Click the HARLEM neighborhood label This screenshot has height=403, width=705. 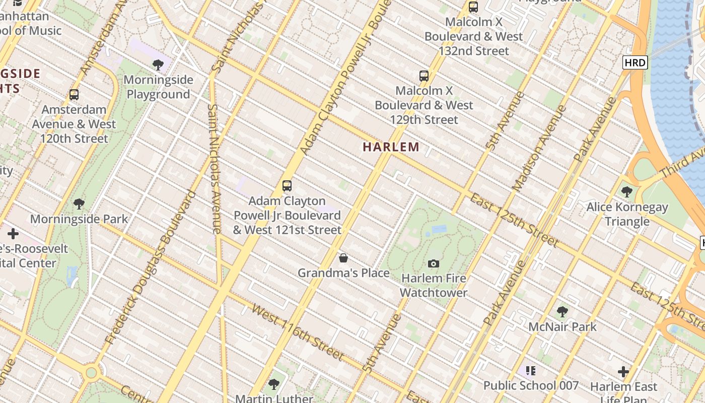coord(391,147)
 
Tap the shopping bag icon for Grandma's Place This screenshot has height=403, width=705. coord(343,258)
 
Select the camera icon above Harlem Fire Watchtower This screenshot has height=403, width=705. coord(433,263)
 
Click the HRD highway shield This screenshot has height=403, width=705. coord(634,62)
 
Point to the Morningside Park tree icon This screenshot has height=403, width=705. coord(79,204)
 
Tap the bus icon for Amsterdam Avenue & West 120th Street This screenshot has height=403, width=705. coord(74,95)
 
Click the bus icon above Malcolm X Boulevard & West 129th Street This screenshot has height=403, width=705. coord(424,76)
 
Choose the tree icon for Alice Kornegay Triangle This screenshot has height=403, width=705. coord(627,192)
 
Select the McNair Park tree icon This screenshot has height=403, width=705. coord(562,312)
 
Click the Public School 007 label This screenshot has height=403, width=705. coord(531,385)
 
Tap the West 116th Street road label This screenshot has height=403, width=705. coord(298,332)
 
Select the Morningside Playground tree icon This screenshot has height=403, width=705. coord(158,65)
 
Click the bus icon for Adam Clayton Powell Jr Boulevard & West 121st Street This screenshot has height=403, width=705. coord(287,186)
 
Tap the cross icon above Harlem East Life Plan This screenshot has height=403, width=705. coord(623,372)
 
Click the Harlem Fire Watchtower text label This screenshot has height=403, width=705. coord(434,285)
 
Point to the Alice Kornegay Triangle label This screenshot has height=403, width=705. coord(627,214)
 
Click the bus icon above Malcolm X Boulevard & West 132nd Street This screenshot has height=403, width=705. coord(473,7)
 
